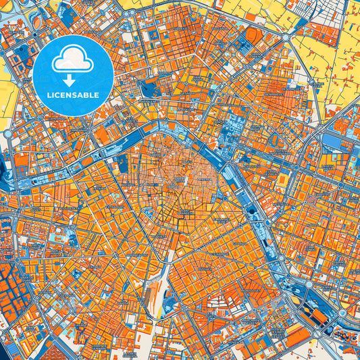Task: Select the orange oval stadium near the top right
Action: [253, 36]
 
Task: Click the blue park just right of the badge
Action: [148, 88]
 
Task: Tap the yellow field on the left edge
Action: [7, 95]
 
